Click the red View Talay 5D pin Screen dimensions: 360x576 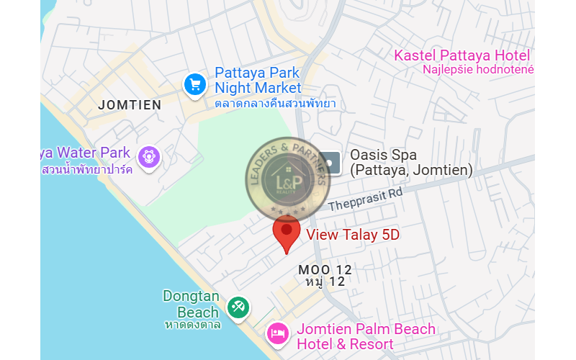287,232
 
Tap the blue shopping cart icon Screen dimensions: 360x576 194,84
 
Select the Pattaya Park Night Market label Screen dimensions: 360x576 258,81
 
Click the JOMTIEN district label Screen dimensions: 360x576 130,105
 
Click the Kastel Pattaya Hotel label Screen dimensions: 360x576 462,56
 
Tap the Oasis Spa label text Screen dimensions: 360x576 410,163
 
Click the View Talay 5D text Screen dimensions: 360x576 353,235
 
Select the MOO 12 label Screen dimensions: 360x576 325,269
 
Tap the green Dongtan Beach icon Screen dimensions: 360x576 238,307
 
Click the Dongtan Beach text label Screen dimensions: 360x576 191,304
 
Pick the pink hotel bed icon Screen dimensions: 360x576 278,333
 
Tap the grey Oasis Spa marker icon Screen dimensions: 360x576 330,163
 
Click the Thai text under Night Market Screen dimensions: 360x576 275,104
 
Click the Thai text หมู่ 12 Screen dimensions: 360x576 325,282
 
